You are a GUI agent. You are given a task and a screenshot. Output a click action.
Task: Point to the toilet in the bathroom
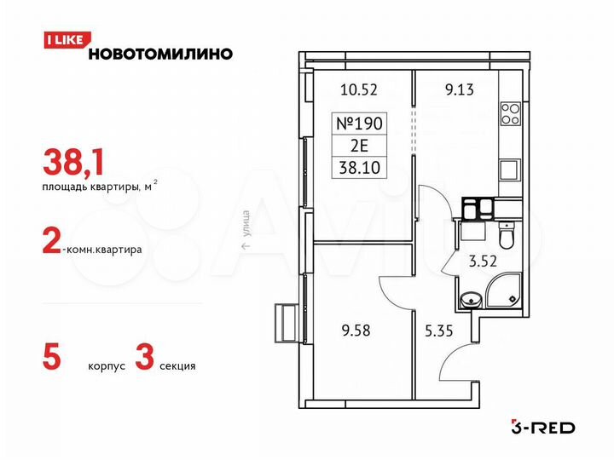click(506, 233)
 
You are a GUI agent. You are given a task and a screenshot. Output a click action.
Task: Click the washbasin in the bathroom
click(468, 299)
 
